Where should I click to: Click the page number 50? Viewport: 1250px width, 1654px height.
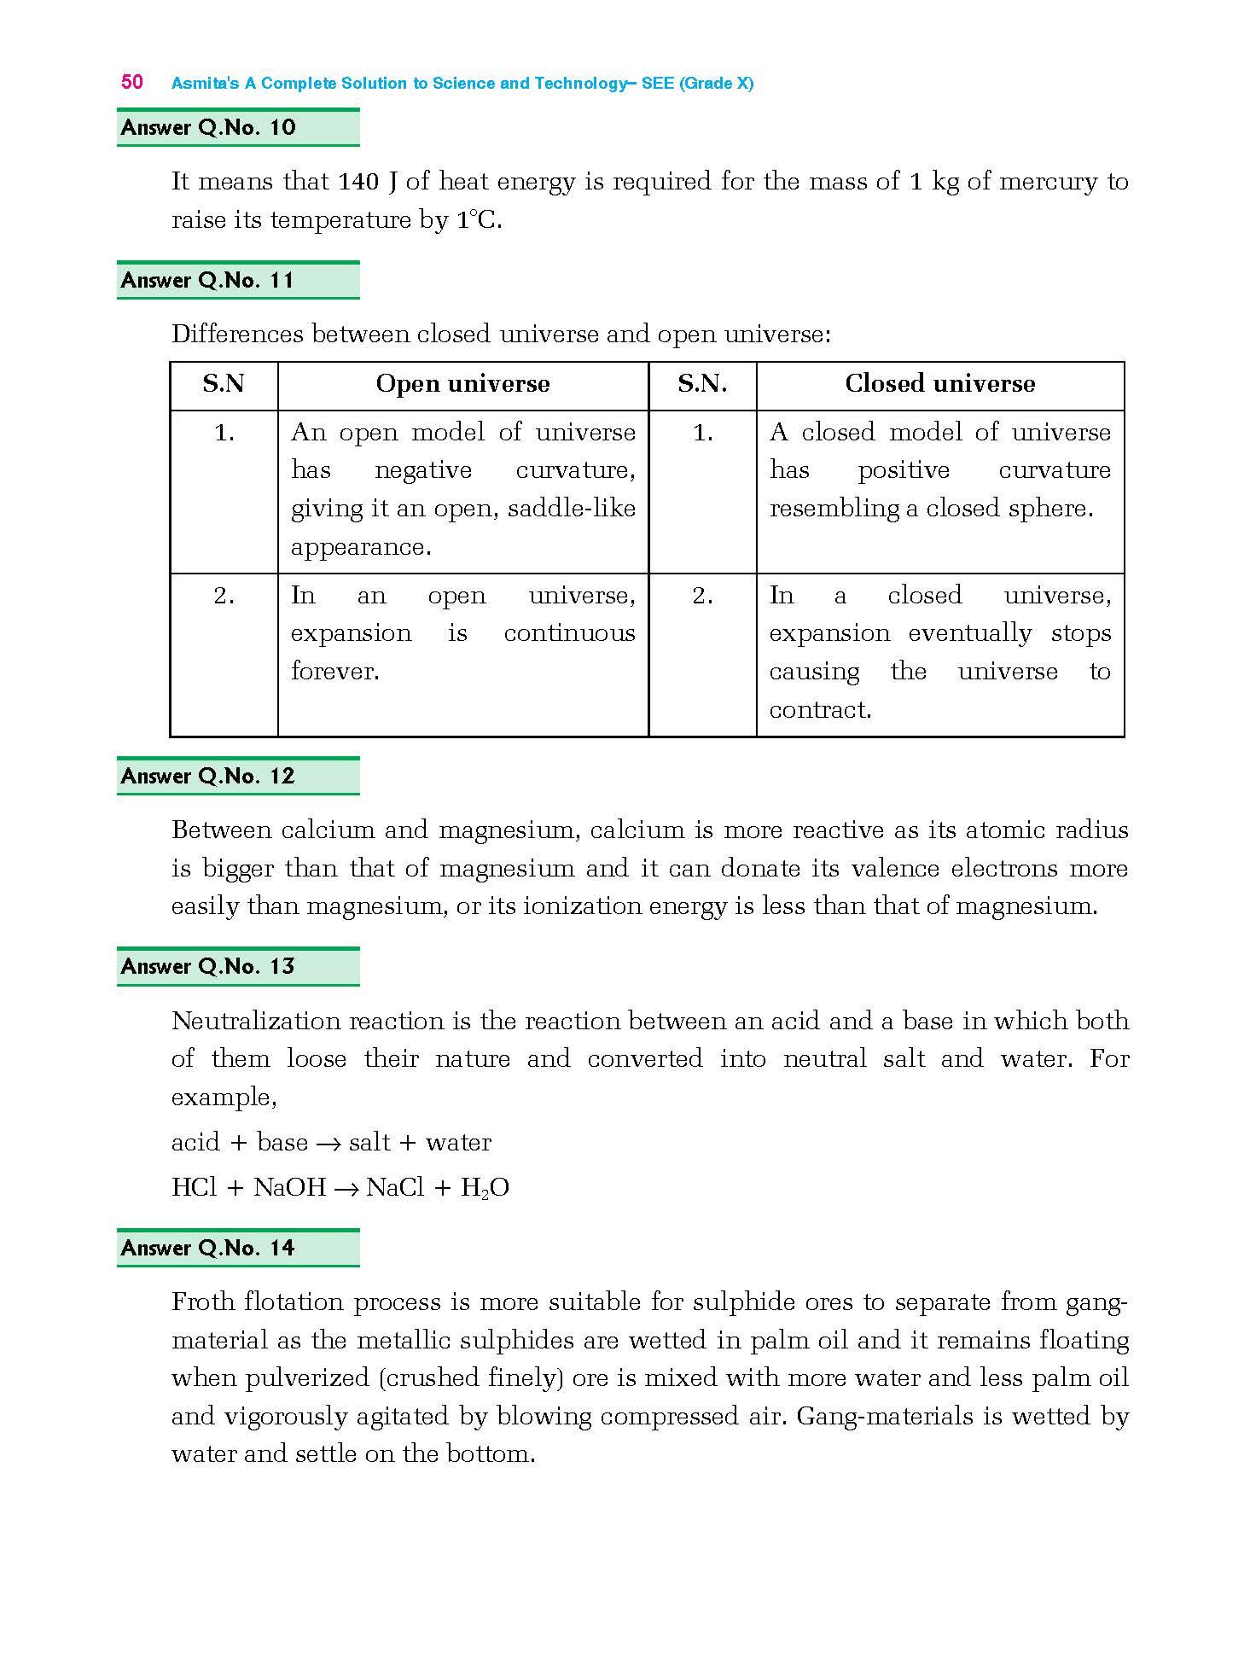tap(132, 82)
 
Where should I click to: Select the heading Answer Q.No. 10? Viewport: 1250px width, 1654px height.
tap(208, 128)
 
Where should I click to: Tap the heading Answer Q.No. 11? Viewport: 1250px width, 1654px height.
tap(208, 281)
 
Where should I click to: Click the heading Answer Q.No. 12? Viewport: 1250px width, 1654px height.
tap(208, 776)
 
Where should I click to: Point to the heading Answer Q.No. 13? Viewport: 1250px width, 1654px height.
tap(208, 966)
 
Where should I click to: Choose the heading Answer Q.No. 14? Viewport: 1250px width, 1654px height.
tap(208, 1248)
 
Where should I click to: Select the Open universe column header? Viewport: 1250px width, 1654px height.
tap(462, 384)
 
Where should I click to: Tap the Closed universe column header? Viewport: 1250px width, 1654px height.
tap(939, 384)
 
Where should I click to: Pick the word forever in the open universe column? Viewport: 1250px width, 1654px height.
tap(334, 672)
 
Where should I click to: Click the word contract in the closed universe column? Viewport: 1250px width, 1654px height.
tap(819, 710)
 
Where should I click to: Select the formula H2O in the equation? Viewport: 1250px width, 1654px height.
tap(485, 1188)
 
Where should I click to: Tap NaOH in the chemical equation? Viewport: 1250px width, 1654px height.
tap(289, 1188)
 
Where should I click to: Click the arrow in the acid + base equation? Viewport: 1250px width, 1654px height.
tap(328, 1144)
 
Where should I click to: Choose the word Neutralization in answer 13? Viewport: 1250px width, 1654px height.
tap(257, 1022)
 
